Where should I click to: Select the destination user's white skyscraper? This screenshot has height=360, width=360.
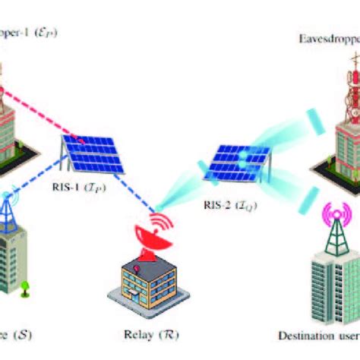[x=334, y=285]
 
